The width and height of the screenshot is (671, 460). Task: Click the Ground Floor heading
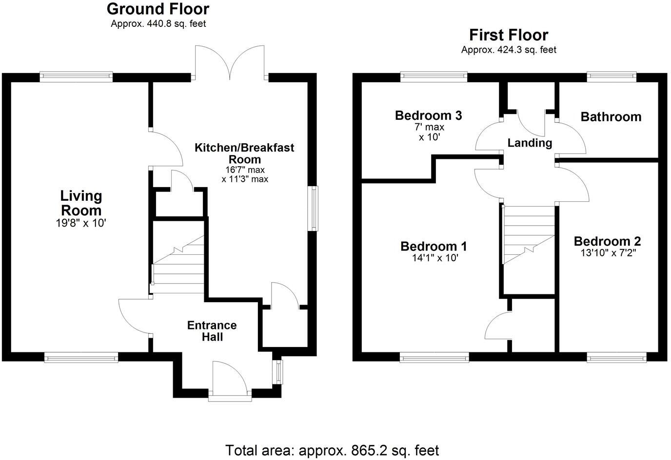coord(158,9)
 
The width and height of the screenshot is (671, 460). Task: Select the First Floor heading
coord(508,35)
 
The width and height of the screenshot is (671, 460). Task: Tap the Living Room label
coord(81,203)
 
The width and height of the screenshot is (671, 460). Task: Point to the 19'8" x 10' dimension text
coord(81,224)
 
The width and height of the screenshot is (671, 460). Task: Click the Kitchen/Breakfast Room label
coord(244,153)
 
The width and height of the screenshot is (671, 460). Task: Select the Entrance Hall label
coord(212,331)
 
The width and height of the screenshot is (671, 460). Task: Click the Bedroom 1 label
coord(434,246)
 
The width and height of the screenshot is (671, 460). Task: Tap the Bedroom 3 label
coord(428,115)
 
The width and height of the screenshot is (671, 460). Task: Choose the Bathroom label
coord(611,116)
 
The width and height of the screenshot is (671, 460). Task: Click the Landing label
coord(530,143)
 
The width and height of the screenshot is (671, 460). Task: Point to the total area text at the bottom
coord(332,450)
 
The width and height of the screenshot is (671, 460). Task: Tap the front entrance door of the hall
coord(230,380)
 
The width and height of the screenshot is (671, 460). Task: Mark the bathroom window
coord(612,76)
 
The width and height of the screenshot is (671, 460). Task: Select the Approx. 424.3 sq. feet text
coord(508,50)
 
